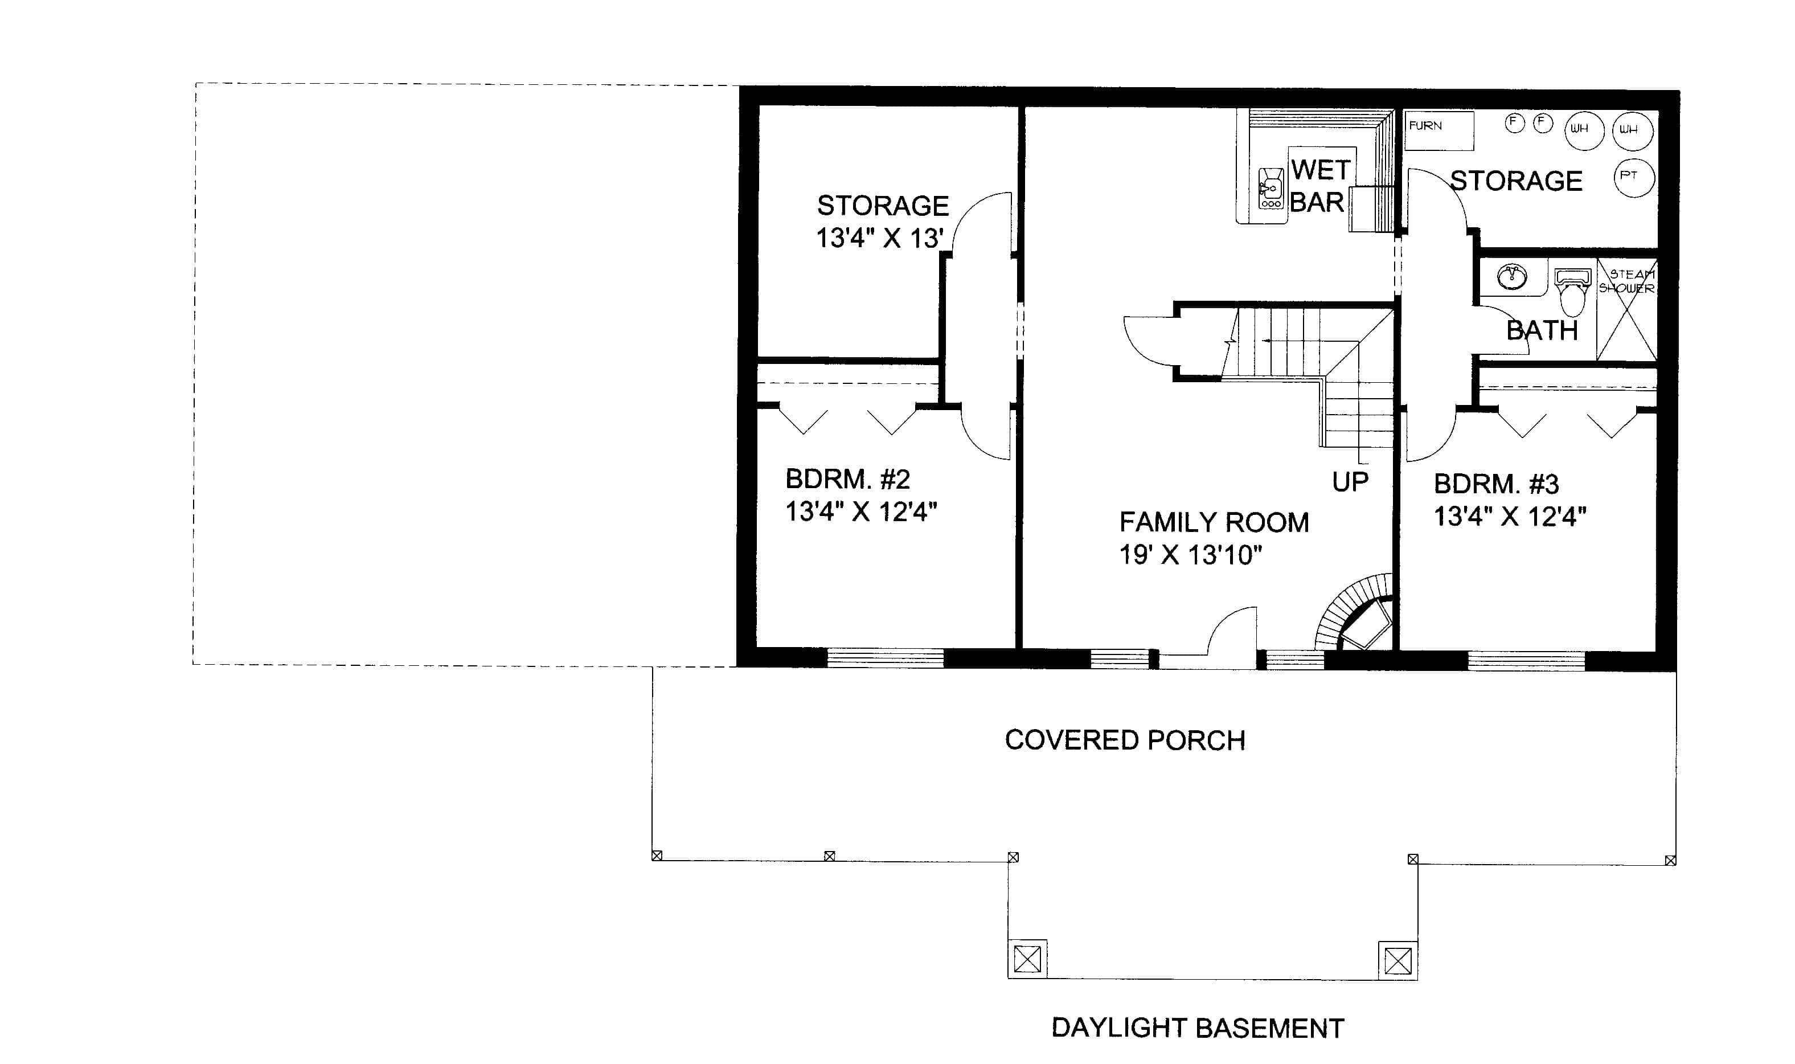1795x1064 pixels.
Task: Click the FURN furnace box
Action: tap(1438, 130)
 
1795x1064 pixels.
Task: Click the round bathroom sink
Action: tap(1512, 276)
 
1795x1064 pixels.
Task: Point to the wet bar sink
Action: tap(1271, 189)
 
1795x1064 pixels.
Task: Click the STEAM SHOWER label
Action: tap(1626, 281)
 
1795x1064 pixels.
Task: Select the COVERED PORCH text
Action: tap(1125, 740)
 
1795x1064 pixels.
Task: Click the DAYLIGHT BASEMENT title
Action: tap(1197, 1028)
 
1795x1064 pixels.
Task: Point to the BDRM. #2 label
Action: tap(847, 479)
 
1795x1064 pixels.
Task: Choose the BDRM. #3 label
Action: tap(1496, 485)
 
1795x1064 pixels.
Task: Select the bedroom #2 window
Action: tap(886, 657)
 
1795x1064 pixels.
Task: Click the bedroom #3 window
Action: tap(1526, 660)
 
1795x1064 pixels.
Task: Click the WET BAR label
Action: tap(1319, 186)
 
